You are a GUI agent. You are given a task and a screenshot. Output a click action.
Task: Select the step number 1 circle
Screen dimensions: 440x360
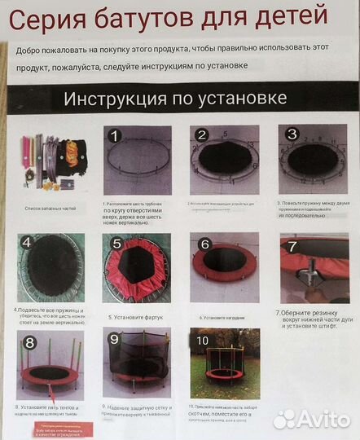[116, 135]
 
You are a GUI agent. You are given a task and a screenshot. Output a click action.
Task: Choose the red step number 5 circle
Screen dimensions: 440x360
[116, 244]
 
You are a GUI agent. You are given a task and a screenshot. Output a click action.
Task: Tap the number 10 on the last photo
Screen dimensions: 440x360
[204, 338]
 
